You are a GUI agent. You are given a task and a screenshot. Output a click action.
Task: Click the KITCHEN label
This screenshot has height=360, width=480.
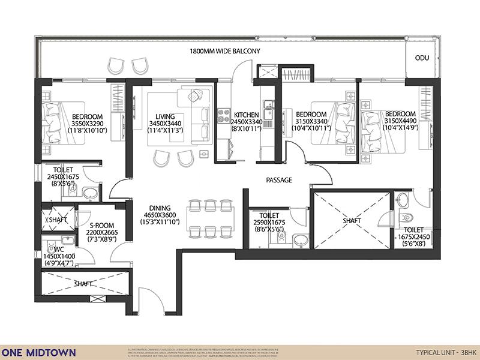(246, 115)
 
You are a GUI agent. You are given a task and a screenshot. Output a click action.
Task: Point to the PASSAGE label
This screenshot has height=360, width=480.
(279, 179)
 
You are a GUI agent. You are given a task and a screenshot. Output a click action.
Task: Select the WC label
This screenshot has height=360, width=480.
(59, 248)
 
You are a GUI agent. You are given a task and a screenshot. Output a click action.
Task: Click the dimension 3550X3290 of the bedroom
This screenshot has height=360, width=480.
(87, 124)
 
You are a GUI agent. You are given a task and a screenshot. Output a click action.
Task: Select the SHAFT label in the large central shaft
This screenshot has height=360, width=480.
(352, 221)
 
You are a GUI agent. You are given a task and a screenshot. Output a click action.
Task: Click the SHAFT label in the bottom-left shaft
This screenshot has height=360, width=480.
(83, 283)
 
